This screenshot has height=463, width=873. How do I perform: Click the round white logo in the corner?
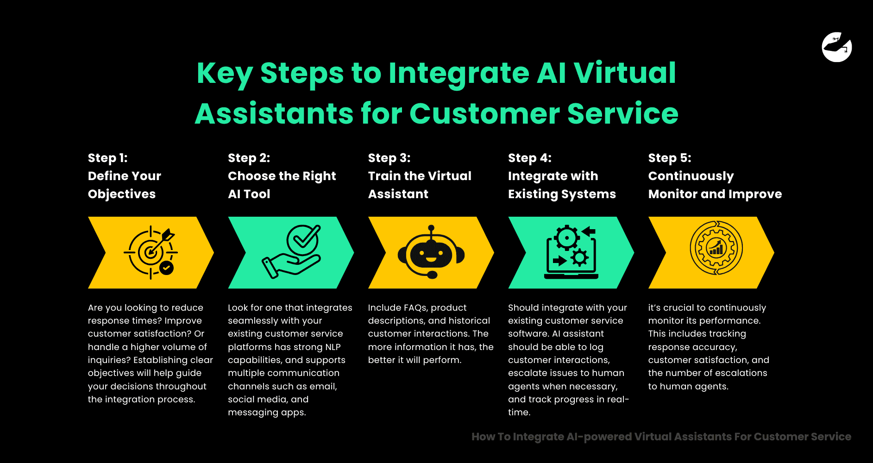point(836,47)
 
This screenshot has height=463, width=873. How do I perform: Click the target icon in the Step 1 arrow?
point(151,252)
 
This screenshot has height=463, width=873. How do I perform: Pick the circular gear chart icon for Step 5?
point(716,248)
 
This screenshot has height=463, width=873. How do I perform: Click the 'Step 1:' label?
point(107,158)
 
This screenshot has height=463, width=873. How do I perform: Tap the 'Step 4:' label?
point(529,158)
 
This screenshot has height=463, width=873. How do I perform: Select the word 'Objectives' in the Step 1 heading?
point(122,194)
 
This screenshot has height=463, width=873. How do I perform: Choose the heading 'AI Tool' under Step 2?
point(249,194)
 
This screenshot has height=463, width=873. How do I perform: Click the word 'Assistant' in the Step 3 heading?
point(398,194)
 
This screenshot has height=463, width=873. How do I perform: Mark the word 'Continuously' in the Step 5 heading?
point(691,176)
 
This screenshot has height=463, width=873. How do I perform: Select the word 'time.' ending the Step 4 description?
point(519,412)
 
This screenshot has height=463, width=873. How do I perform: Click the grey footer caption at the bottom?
point(661,437)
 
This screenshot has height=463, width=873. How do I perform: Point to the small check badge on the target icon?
point(166,268)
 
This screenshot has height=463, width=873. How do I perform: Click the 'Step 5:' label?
point(669,158)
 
